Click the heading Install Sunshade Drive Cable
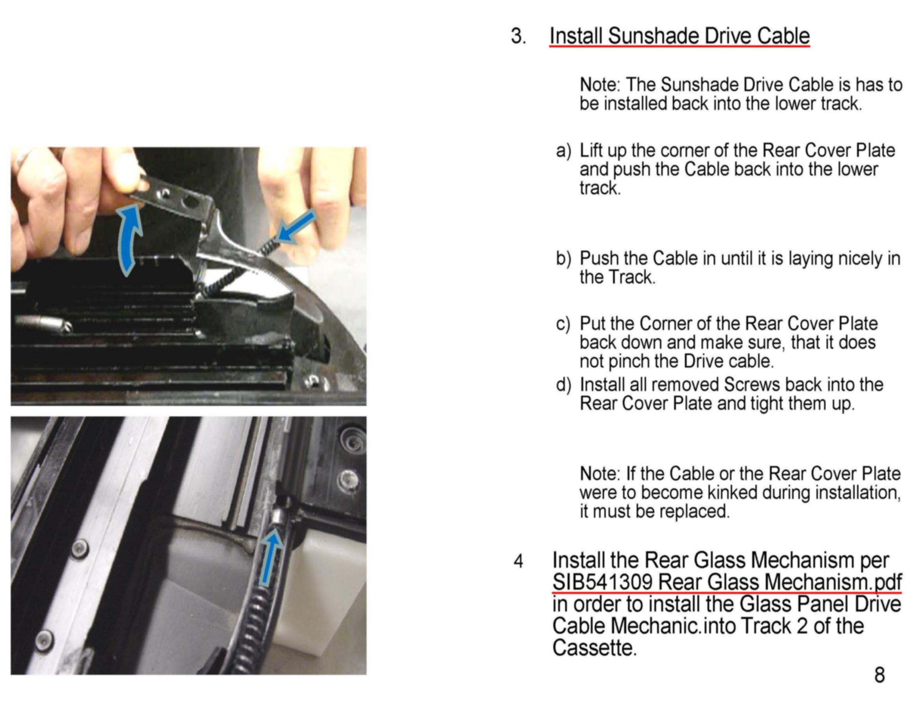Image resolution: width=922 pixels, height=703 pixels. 679,36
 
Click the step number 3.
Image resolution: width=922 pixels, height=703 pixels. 518,36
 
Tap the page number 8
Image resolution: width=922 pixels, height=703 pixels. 879,675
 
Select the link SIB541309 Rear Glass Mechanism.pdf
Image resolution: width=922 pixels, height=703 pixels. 726,582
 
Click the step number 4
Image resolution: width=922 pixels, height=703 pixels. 519,561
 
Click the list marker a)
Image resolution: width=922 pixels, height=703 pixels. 563,151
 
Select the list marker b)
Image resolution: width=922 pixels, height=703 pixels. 563,258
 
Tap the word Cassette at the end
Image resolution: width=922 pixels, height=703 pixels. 594,648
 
